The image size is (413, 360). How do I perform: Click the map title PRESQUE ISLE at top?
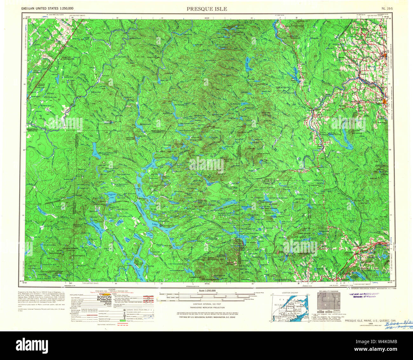click(x=207, y=9)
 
